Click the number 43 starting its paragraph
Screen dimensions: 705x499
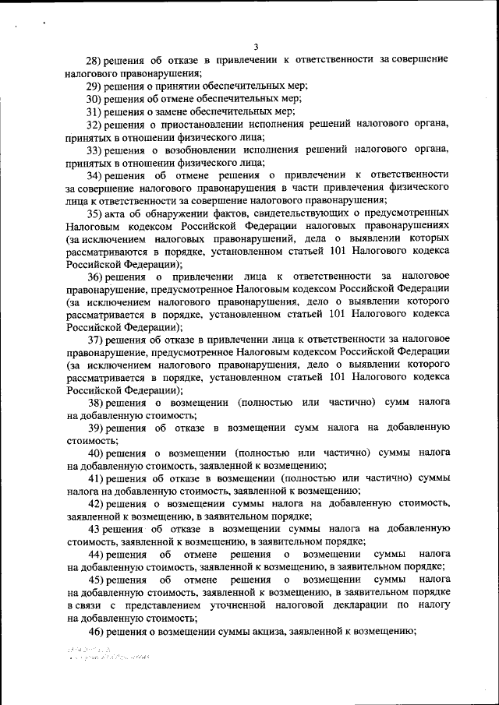point(94,530)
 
